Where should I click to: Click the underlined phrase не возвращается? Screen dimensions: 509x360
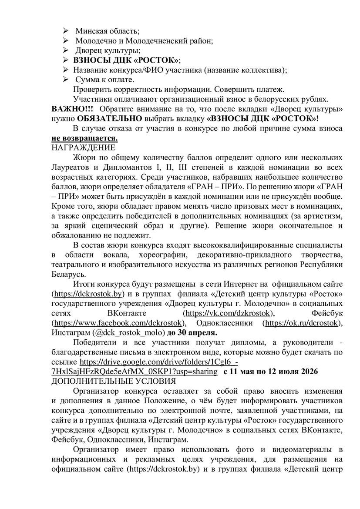click(x=84, y=138)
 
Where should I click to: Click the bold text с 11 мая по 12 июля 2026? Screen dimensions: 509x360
click(x=271, y=372)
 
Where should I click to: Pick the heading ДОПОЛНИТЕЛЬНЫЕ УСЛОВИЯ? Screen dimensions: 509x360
click(x=114, y=382)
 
